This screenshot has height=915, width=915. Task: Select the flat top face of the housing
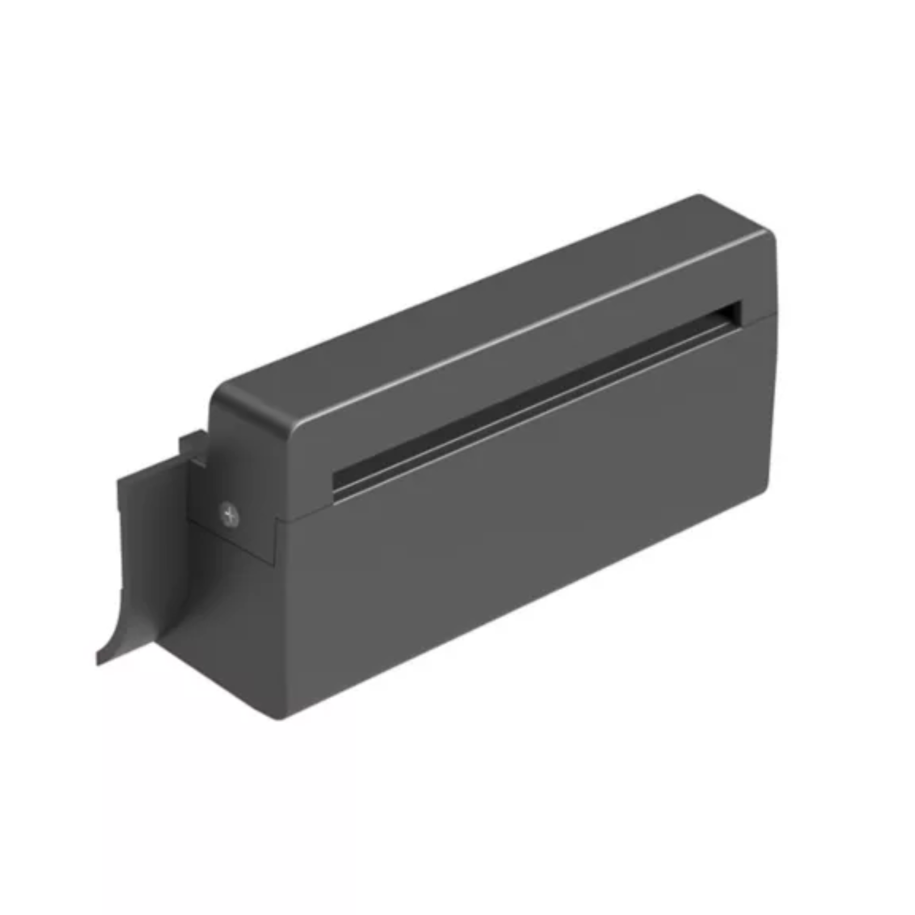492,303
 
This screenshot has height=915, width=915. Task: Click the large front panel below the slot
521,512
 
